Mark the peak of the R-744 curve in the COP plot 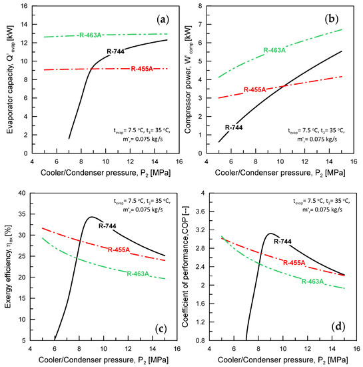270,234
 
